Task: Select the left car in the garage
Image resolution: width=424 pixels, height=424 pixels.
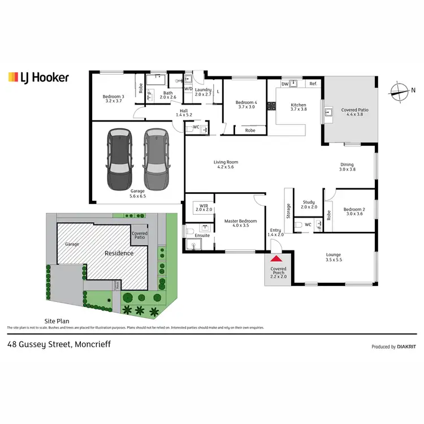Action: tap(119, 160)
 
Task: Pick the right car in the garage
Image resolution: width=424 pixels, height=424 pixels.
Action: tap(155, 160)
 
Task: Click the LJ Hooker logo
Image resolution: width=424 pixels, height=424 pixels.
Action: tap(38, 77)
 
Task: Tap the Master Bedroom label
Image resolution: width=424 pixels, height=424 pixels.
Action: tap(240, 221)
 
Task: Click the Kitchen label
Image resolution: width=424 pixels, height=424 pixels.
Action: tap(298, 105)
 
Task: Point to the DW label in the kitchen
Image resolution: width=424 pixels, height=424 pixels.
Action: tap(284, 84)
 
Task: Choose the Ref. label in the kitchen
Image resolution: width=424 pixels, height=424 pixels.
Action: tap(313, 84)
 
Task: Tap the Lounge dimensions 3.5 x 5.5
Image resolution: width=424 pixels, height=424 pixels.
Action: tap(334, 260)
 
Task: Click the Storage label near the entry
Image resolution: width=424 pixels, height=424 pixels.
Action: tap(288, 211)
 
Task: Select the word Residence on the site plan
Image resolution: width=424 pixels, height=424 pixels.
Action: tap(119, 253)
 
